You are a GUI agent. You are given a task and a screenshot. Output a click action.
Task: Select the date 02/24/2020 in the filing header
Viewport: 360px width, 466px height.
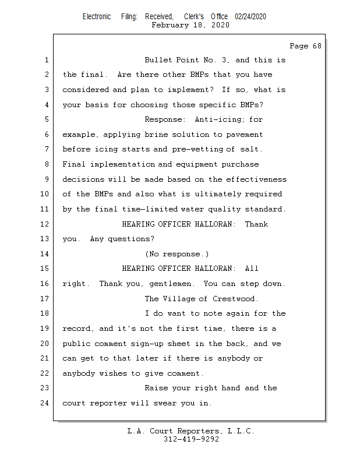[250, 17]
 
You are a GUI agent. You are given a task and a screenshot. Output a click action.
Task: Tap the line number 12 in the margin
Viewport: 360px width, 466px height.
[45, 224]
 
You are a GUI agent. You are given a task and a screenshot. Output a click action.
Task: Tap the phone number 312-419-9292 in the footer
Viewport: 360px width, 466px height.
[191, 440]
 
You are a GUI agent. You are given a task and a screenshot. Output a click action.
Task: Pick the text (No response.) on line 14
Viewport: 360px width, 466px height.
[177, 254]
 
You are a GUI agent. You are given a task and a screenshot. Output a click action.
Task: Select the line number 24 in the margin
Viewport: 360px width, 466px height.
[45, 403]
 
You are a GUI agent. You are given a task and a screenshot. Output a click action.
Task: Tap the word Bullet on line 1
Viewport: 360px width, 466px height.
[158, 60]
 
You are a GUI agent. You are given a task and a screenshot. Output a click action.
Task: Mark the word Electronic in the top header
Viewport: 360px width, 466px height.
[97, 17]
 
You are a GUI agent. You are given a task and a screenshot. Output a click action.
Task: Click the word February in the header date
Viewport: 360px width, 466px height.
[170, 25]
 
